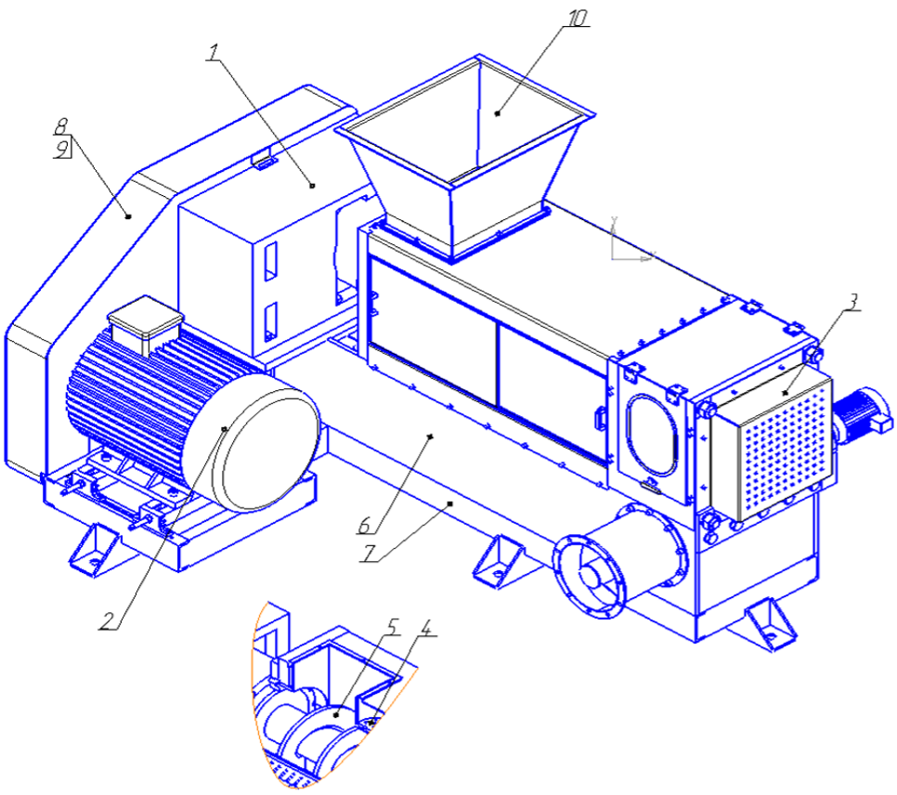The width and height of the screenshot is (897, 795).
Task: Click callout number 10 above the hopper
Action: [x=577, y=18]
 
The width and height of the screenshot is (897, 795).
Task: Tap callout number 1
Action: [x=214, y=52]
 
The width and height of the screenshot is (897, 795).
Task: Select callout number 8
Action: [x=61, y=126]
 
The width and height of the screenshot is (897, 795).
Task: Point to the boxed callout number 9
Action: [x=62, y=149]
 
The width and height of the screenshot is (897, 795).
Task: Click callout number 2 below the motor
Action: [x=108, y=621]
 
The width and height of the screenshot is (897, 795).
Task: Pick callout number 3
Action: [x=852, y=302]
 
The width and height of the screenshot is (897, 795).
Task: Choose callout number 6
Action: [x=365, y=525]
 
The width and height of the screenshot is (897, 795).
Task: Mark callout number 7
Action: [x=370, y=553]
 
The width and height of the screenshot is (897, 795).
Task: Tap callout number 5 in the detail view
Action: [x=391, y=627]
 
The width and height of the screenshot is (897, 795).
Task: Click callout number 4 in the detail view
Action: [x=425, y=627]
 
